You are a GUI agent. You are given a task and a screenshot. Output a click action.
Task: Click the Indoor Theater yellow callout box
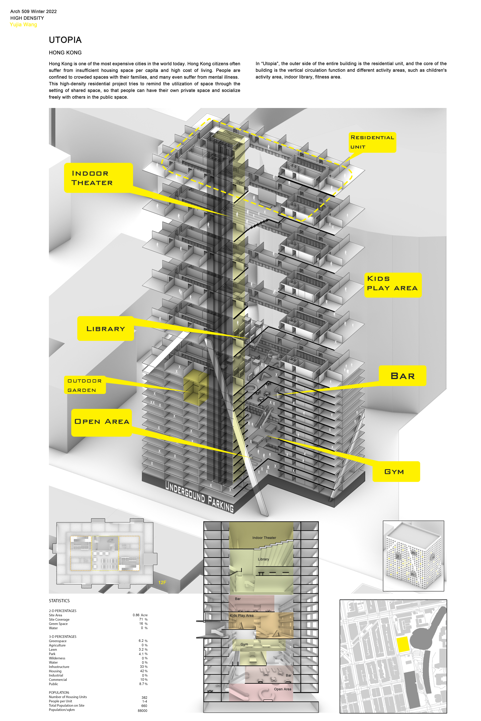tap(98, 178)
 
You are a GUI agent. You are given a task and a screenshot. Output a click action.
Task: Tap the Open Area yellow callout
tap(102, 422)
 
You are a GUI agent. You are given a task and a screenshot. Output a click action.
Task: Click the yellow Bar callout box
tap(402, 376)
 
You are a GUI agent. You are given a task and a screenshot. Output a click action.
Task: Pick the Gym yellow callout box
tap(396, 471)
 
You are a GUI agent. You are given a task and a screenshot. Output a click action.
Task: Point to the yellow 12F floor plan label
tap(162, 582)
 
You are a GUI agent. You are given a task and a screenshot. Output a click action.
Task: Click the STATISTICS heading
tap(59, 601)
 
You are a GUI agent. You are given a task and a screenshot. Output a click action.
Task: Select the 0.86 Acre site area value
tap(140, 615)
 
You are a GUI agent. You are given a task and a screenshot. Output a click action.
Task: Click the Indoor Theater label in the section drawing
tap(264, 538)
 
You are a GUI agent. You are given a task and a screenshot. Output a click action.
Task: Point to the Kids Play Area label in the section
tap(242, 615)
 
